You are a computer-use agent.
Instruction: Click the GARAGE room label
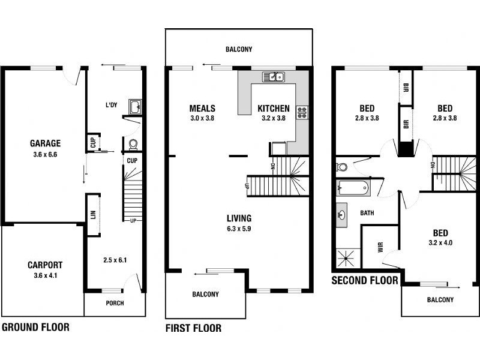tap(46, 143)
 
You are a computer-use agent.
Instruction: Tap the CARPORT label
tap(45, 265)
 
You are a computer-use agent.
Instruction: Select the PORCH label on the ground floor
tap(115, 303)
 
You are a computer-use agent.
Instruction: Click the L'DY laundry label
tap(112, 106)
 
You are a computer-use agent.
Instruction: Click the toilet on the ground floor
tap(133, 144)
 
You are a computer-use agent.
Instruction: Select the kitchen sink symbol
tap(273, 77)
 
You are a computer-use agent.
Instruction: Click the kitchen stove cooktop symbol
tap(302, 111)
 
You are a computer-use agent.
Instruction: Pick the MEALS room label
tap(202, 109)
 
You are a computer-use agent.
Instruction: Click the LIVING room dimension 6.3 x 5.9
tap(239, 229)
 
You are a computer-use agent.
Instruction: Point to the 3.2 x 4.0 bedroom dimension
tap(445, 243)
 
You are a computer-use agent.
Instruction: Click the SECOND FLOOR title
tap(365, 280)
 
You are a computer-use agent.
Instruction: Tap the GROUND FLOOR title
tap(35, 327)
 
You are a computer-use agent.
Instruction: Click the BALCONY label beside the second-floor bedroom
tap(440, 300)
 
